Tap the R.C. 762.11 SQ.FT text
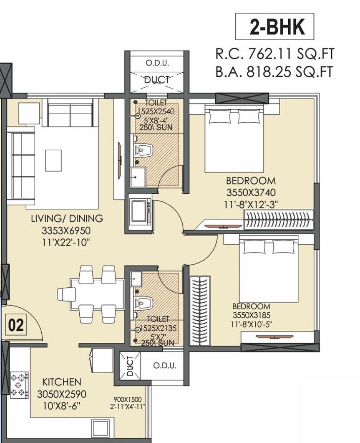pyautogui.click(x=274, y=54)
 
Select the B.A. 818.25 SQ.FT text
pyautogui.click(x=274, y=72)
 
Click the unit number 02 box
pyautogui.click(x=16, y=324)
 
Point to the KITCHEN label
pyautogui.click(x=61, y=382)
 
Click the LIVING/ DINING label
pyautogui.click(x=67, y=218)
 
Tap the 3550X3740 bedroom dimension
pyautogui.click(x=251, y=192)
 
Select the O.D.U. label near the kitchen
pyautogui.click(x=164, y=366)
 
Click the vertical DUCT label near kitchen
pyautogui.click(x=130, y=366)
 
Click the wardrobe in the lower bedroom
pyautogui.click(x=199, y=310)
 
